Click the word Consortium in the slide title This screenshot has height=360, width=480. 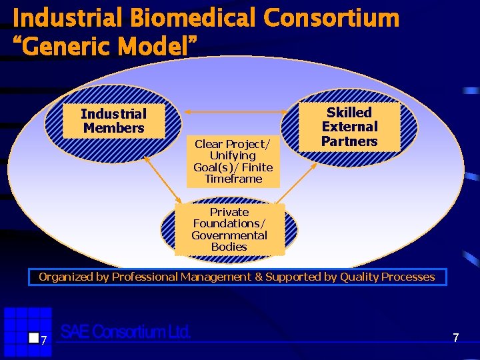coord(331,18)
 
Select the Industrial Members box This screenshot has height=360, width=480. coord(113,121)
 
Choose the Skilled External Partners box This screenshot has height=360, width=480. coord(349,127)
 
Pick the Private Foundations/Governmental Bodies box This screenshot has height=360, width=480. coord(229,229)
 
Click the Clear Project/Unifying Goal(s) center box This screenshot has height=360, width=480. coord(233,161)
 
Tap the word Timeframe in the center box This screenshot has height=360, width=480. coord(233,179)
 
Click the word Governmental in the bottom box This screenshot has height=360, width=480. coord(229,235)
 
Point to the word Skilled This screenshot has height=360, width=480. coord(349,112)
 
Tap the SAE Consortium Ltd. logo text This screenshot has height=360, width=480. coord(125,331)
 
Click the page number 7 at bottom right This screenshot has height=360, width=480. coord(456,338)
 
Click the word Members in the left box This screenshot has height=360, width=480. coord(114,128)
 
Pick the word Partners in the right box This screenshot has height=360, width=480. coord(349,141)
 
